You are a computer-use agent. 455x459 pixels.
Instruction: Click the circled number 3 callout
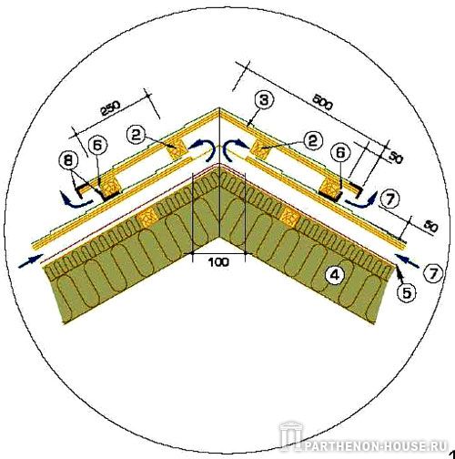click(264, 100)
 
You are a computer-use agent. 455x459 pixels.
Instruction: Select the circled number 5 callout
click(406, 292)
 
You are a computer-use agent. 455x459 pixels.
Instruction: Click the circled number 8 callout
click(68, 161)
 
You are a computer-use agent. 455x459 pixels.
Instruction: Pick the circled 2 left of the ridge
click(136, 135)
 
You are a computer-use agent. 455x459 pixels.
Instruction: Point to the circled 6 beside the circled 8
click(97, 146)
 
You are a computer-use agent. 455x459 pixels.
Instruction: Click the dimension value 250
click(110, 108)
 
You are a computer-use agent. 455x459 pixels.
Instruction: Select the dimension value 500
click(322, 102)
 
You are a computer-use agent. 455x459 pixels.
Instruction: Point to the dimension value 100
click(218, 261)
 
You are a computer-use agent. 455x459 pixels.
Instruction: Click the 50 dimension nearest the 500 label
click(395, 158)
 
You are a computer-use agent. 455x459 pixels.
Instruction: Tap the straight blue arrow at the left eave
click(31, 260)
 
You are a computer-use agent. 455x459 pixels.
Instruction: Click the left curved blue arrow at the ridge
click(200, 149)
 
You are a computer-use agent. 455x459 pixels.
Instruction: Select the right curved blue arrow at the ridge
click(235, 149)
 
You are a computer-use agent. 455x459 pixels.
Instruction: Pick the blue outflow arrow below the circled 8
click(76, 200)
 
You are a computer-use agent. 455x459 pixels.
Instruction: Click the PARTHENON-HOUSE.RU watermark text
click(376, 446)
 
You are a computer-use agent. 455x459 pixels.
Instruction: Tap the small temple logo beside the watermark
click(290, 436)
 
